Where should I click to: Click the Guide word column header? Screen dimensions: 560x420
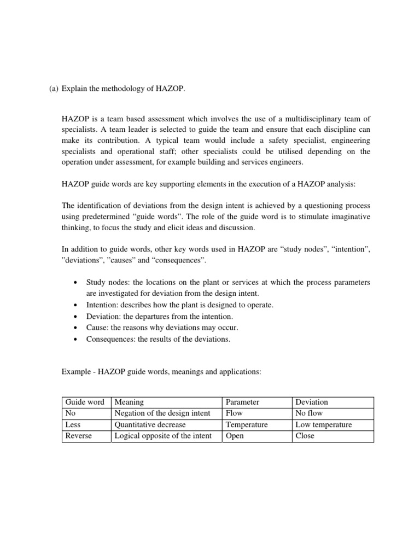point(85,402)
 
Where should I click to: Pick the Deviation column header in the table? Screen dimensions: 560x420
point(312,402)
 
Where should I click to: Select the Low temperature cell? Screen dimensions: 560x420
point(324,425)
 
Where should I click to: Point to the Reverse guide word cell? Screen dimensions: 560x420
point(79,436)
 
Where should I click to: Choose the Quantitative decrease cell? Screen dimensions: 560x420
point(150,425)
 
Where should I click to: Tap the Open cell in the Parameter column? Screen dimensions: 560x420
point(235,436)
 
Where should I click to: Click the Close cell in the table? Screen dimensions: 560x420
point(305,436)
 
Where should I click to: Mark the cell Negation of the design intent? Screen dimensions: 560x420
point(162,413)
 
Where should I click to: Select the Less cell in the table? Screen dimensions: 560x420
point(73,425)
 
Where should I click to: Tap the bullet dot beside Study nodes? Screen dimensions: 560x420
point(74,283)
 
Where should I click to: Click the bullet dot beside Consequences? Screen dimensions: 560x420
point(74,340)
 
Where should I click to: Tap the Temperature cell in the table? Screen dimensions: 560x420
point(247,425)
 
